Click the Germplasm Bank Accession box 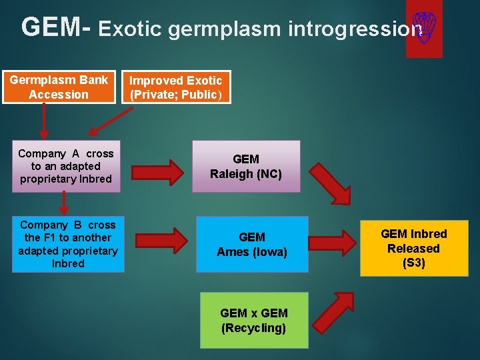point(59,87)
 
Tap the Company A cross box point(65,166)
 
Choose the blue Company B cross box point(68,244)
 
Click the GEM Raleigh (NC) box point(246,166)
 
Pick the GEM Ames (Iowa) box point(252,244)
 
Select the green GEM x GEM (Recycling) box point(254,320)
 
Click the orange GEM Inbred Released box point(413,248)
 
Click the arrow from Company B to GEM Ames point(163,241)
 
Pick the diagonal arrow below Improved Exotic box point(111,121)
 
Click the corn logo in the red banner point(424,28)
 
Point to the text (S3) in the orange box point(413,263)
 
